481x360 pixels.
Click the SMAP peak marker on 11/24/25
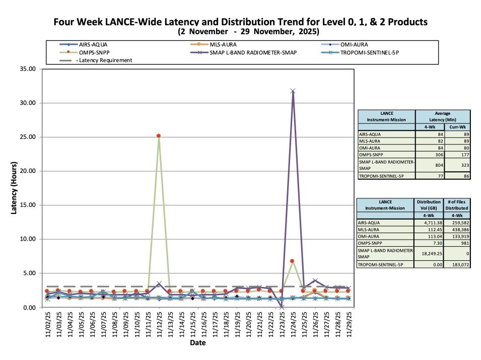pyautogui.click(x=293, y=91)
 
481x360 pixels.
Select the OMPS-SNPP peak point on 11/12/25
pyautogui.click(x=158, y=135)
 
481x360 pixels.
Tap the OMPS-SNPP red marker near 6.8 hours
pyautogui.click(x=292, y=261)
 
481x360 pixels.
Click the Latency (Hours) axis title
pyautogui.click(x=15, y=188)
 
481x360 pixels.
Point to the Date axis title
pyautogui.click(x=197, y=343)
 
